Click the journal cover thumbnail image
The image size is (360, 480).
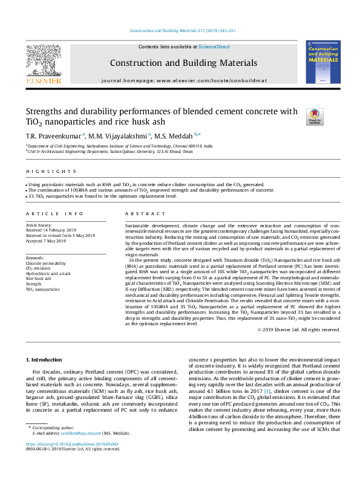(x=322, y=62)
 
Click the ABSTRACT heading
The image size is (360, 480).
(x=145, y=214)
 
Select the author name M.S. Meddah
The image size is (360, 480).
(x=174, y=135)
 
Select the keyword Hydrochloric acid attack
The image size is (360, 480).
(x=48, y=273)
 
